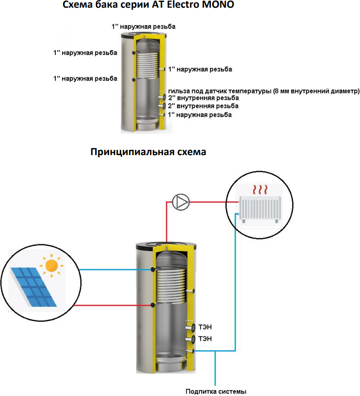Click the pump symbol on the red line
click(181, 201)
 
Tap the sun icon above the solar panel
click(51, 264)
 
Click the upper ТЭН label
click(205, 327)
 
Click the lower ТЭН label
click(205, 339)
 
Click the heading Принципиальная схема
click(148, 152)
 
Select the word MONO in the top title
click(219, 6)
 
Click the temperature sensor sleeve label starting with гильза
click(264, 91)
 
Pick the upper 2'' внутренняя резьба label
click(203, 98)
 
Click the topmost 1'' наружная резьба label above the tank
click(143, 26)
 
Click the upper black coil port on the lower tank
click(153, 270)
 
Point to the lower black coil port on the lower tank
click(153, 305)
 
